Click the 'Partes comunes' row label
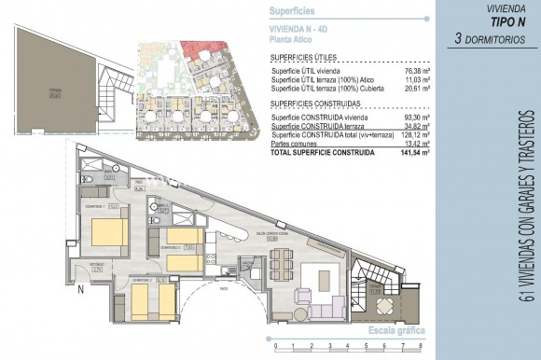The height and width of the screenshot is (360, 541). [x=293, y=143]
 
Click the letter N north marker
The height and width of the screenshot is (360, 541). [x=81, y=288]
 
